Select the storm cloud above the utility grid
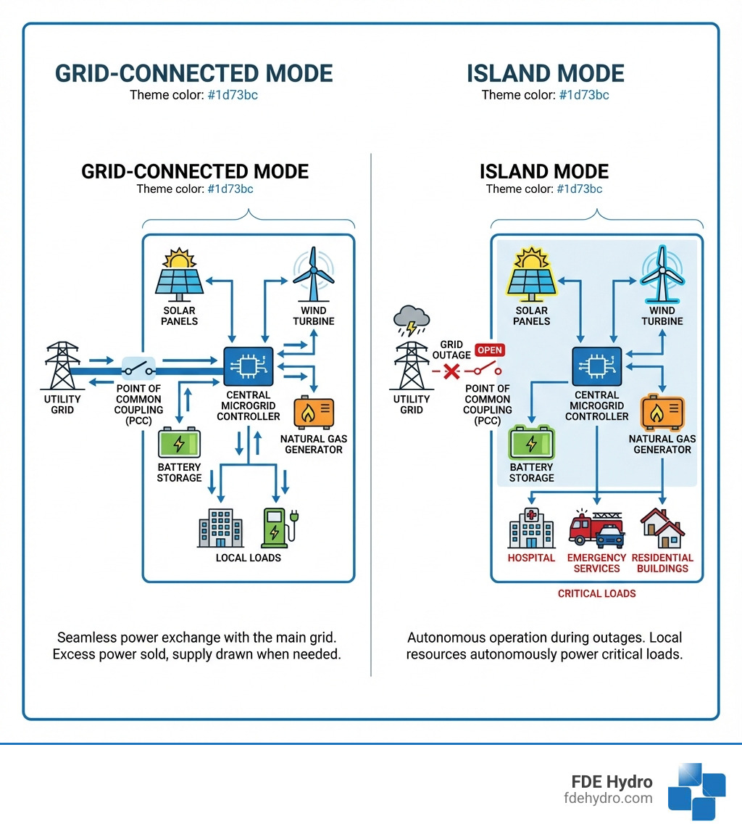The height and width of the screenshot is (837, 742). (x=411, y=320)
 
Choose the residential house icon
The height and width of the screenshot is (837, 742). (x=662, y=527)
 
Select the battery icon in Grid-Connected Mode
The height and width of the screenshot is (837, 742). (x=179, y=443)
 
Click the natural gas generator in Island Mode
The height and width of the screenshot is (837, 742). (x=662, y=413)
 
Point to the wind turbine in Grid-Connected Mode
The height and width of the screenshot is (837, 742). (x=313, y=279)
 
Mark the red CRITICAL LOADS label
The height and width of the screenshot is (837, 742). (x=596, y=593)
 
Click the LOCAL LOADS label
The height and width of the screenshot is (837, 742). (x=249, y=558)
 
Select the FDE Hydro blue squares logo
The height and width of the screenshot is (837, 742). (x=696, y=791)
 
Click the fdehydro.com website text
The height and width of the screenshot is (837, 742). (x=607, y=798)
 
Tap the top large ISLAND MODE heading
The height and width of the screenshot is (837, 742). (x=545, y=73)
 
